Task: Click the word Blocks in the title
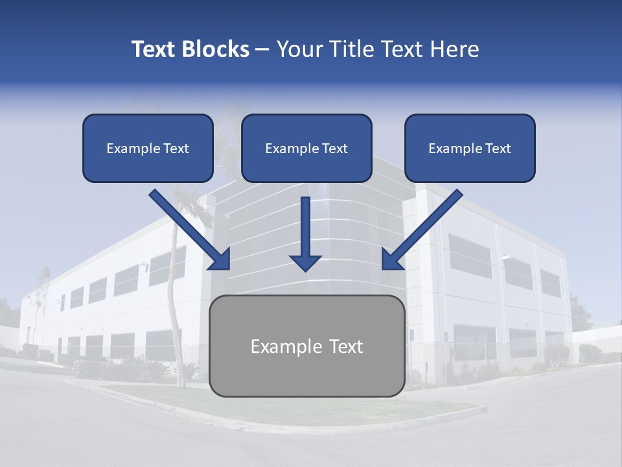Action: pyautogui.click(x=215, y=49)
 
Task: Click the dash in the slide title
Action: pyautogui.click(x=262, y=50)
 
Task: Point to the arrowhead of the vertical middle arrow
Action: pyautogui.click(x=305, y=262)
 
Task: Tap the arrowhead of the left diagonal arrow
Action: pyautogui.click(x=220, y=259)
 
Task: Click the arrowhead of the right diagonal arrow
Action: pyautogui.click(x=391, y=259)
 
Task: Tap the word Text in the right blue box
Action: pyautogui.click(x=498, y=149)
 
